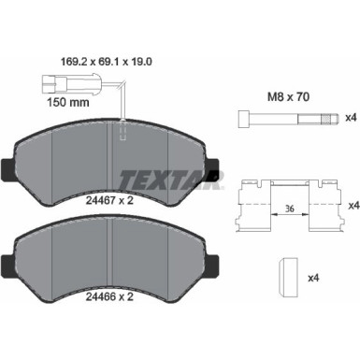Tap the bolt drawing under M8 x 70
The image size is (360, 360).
coord(284,118)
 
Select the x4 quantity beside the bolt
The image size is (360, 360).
coord(351,118)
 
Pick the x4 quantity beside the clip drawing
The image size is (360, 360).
coord(351,205)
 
